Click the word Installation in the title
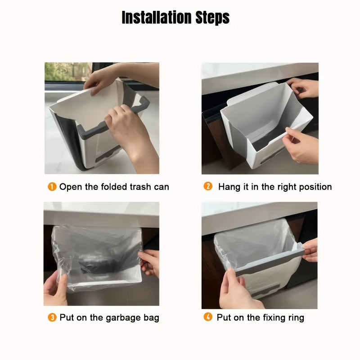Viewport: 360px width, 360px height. click(x=156, y=17)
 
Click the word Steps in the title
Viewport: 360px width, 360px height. click(x=212, y=18)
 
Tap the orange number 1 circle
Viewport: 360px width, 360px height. click(x=52, y=186)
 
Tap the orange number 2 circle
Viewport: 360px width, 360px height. click(x=208, y=186)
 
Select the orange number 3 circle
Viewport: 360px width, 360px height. click(x=52, y=318)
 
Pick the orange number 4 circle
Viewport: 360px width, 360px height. click(x=208, y=317)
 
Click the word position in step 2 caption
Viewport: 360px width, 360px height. click(x=315, y=187)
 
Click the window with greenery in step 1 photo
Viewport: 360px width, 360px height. click(x=68, y=72)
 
